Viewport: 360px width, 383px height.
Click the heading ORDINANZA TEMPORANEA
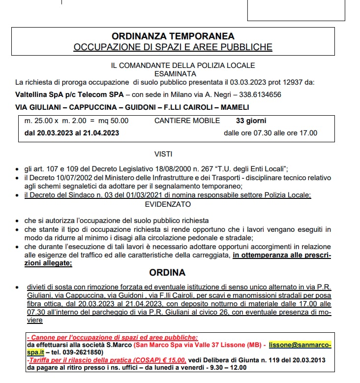click(x=173, y=36)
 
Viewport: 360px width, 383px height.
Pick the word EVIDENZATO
click(x=173, y=204)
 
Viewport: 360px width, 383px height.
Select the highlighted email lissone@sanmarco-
click(x=300, y=345)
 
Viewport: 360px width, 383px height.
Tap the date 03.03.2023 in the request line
click(x=243, y=82)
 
